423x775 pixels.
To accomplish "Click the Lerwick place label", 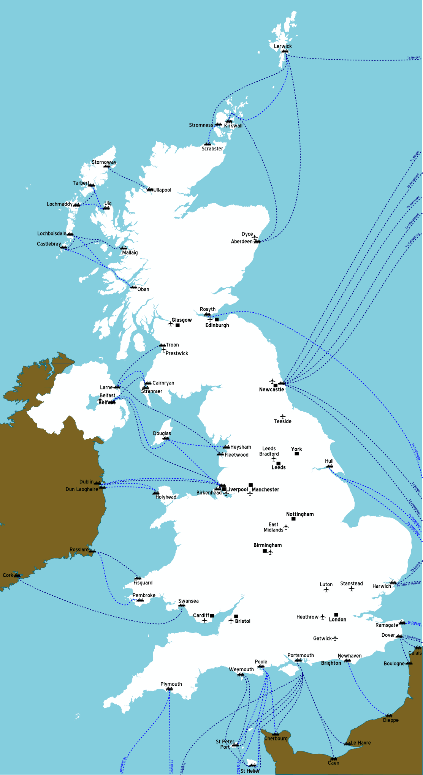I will (x=283, y=46).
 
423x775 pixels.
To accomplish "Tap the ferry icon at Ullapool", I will (x=150, y=189).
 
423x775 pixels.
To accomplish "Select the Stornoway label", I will (x=104, y=162).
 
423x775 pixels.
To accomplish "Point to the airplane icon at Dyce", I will (x=255, y=237).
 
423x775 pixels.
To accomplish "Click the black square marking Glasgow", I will (x=177, y=325).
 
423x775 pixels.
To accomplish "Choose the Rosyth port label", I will (x=208, y=309).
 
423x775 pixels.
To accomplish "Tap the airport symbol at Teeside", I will (x=282, y=416).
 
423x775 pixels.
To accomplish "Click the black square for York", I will (x=296, y=454).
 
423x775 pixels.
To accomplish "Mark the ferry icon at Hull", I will (x=330, y=466).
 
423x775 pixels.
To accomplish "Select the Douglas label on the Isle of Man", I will (x=162, y=433).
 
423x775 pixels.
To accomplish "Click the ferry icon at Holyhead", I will (x=156, y=493).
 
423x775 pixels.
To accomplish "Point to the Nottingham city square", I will (x=293, y=519).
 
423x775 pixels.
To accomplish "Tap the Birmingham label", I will (x=268, y=545).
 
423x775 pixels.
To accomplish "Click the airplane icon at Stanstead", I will (x=352, y=589).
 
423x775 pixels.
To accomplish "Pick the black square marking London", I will (x=336, y=614).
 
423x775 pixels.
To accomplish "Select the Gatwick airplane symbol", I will (x=335, y=638).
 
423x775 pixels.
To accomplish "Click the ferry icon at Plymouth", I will (x=170, y=689).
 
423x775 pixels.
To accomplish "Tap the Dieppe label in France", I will (x=391, y=720).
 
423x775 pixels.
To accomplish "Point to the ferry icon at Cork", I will (x=17, y=576).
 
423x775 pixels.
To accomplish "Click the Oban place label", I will (x=143, y=289).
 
